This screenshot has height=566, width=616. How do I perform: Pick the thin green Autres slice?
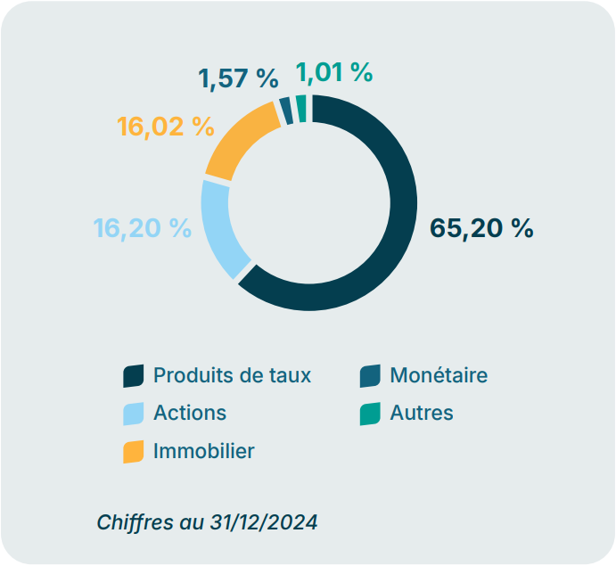pos(301,107)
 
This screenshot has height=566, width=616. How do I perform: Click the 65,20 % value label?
pos(481,228)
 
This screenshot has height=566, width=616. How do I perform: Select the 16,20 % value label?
pos(143,228)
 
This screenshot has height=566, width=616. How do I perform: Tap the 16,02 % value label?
pos(166,127)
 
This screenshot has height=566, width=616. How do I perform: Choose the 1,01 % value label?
pos(333,72)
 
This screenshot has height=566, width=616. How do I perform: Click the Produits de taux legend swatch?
pos(133,376)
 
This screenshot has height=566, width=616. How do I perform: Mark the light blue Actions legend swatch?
pos(133,414)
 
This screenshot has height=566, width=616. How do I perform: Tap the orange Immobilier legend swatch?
pos(133,452)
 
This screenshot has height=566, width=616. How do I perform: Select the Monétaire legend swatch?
pos(370,376)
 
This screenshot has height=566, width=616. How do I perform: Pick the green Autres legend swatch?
pos(370,414)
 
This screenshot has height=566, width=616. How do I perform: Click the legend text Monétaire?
pos(439,375)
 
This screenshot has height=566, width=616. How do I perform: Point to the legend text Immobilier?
pos(203,451)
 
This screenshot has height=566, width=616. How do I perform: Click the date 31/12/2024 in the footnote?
pos(264,521)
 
